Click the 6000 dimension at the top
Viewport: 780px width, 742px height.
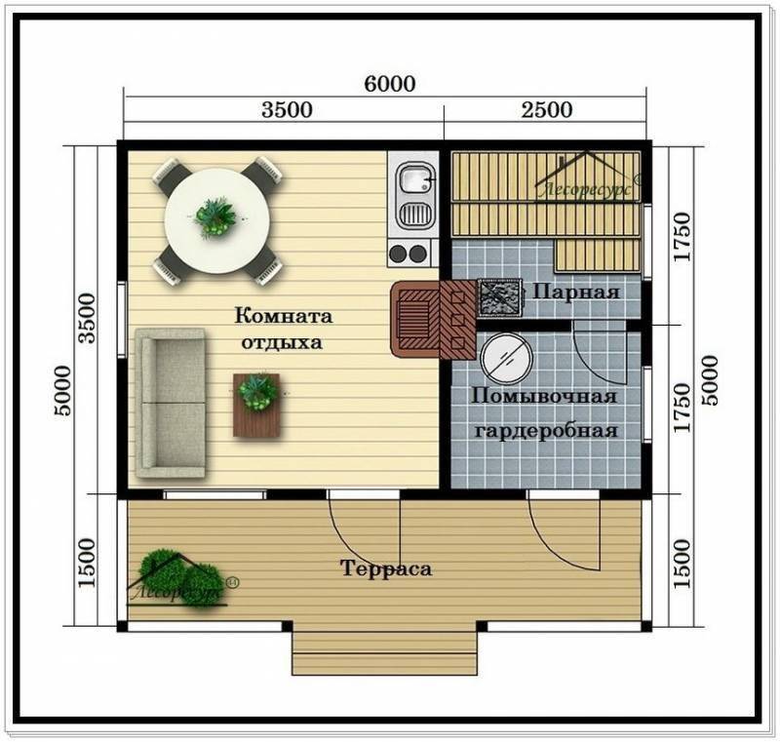[x=389, y=84]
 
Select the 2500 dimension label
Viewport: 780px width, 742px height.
[x=547, y=109]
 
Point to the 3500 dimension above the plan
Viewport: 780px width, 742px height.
[x=287, y=109]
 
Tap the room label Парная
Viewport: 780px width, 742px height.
[x=576, y=292]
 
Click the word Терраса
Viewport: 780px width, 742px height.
[x=386, y=567]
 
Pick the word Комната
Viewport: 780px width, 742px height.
[x=284, y=316]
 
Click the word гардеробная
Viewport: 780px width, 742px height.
[x=546, y=431]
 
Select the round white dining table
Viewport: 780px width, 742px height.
[x=217, y=220]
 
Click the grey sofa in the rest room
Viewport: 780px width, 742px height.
[x=171, y=404]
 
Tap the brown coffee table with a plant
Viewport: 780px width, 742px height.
[x=256, y=406]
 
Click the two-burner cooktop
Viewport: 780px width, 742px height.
[x=409, y=254]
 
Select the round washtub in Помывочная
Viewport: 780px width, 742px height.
[x=506, y=357]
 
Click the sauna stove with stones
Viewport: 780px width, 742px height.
[x=500, y=297]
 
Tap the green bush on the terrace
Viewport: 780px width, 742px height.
[x=180, y=578]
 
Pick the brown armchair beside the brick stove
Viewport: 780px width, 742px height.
[x=414, y=319]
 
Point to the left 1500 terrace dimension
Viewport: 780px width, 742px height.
[x=86, y=562]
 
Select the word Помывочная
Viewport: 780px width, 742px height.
[x=544, y=397]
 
